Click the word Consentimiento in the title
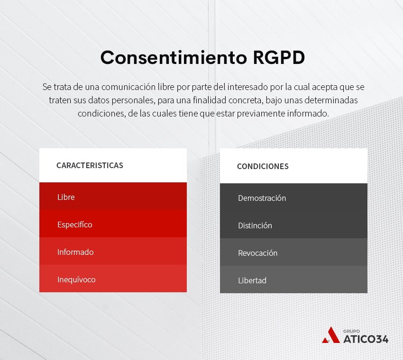[x=174, y=57]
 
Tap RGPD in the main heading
[x=279, y=57]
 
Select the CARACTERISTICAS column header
[x=90, y=165]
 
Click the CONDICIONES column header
[x=263, y=166]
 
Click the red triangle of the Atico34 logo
[x=331, y=336]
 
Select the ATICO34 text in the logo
[x=366, y=339]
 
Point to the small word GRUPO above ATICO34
[x=352, y=331]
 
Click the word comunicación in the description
[x=128, y=87]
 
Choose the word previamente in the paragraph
[x=261, y=114]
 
